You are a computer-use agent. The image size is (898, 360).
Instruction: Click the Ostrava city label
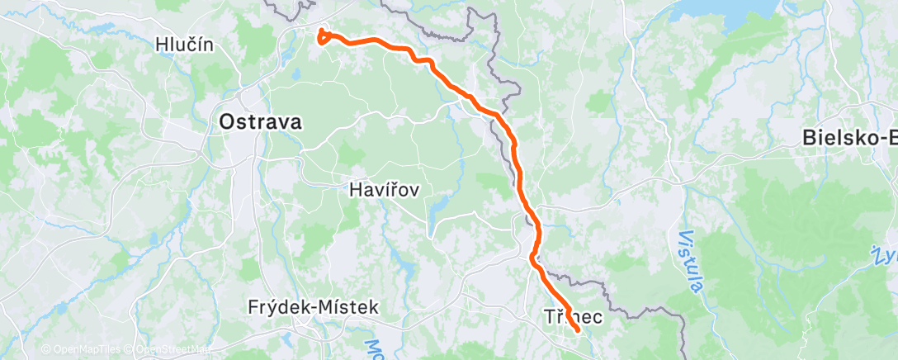tap(260, 122)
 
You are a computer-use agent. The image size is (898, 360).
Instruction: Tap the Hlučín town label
tap(184, 45)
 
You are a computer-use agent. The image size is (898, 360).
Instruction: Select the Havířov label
tap(385, 190)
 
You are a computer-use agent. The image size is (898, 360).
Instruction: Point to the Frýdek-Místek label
tap(313, 307)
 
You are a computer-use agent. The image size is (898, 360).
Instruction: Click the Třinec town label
tap(572, 316)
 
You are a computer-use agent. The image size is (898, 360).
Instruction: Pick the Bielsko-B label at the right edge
tap(849, 139)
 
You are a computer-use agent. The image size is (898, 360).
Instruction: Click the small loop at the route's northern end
tap(323, 36)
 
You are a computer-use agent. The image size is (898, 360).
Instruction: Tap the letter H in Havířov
tap(356, 190)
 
